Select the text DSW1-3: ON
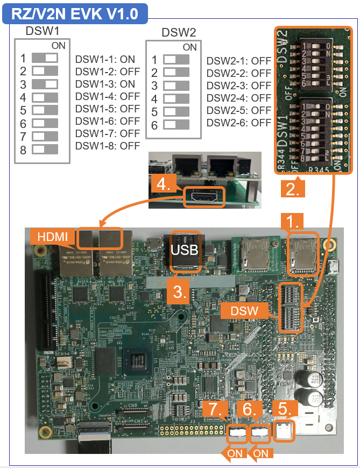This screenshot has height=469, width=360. point(105,84)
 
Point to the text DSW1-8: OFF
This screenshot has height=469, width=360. point(107,146)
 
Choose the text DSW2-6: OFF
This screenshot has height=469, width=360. point(238,123)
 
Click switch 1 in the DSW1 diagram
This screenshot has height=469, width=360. point(45,58)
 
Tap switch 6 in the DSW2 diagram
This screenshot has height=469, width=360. point(177,125)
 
